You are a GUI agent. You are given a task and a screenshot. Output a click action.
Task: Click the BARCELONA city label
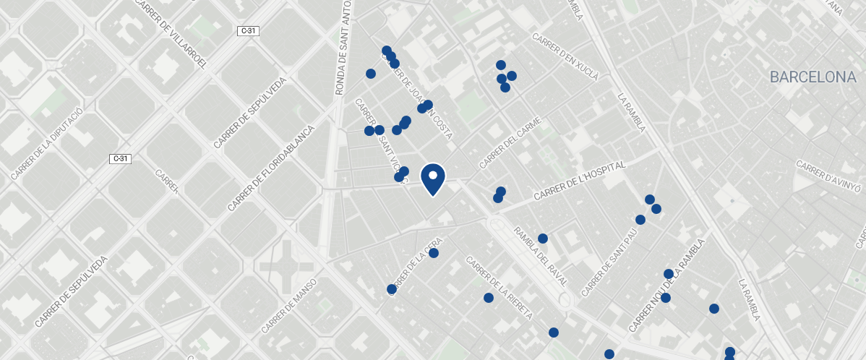813,77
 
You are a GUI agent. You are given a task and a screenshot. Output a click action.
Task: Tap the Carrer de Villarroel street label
171,34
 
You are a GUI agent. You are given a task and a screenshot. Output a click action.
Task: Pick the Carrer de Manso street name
288,306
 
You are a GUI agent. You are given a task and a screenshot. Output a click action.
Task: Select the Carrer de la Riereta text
500,288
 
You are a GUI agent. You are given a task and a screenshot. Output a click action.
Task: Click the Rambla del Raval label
540,257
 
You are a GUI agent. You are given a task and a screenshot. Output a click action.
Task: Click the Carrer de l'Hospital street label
578,182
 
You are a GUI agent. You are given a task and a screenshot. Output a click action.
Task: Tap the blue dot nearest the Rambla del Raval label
543,239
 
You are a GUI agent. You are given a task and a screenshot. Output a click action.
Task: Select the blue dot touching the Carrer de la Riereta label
489,298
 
